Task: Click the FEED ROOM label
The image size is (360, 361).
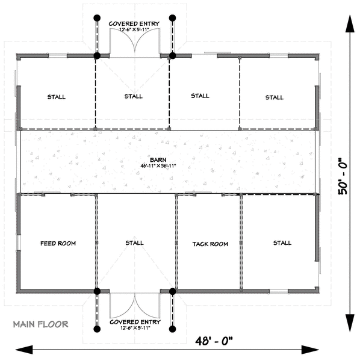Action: [x=58, y=243]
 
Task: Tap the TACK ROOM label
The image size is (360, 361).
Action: [x=210, y=244]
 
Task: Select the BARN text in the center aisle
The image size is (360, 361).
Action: [x=158, y=160]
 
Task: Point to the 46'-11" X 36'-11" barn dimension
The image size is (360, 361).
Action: [x=158, y=165]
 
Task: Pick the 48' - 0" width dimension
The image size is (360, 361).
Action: [x=214, y=341]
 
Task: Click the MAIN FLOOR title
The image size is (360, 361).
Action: [x=41, y=324]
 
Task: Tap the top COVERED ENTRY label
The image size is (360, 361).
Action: [x=134, y=23]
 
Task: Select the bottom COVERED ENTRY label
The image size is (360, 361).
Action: [x=135, y=322]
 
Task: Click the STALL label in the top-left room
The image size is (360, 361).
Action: [x=57, y=97]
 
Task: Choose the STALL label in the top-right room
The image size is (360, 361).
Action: [x=275, y=97]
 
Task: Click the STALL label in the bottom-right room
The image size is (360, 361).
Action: [x=282, y=243]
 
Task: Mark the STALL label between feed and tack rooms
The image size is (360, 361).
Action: [x=134, y=242]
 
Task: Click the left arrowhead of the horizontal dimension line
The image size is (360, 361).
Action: [x=24, y=350]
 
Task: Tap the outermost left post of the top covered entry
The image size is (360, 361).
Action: [x=97, y=18]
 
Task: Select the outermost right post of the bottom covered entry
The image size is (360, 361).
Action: [x=173, y=329]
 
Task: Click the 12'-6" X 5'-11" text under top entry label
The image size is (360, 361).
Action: [x=134, y=29]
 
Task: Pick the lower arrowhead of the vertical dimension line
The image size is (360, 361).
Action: [x=350, y=323]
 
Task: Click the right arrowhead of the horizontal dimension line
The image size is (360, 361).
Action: [x=310, y=350]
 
